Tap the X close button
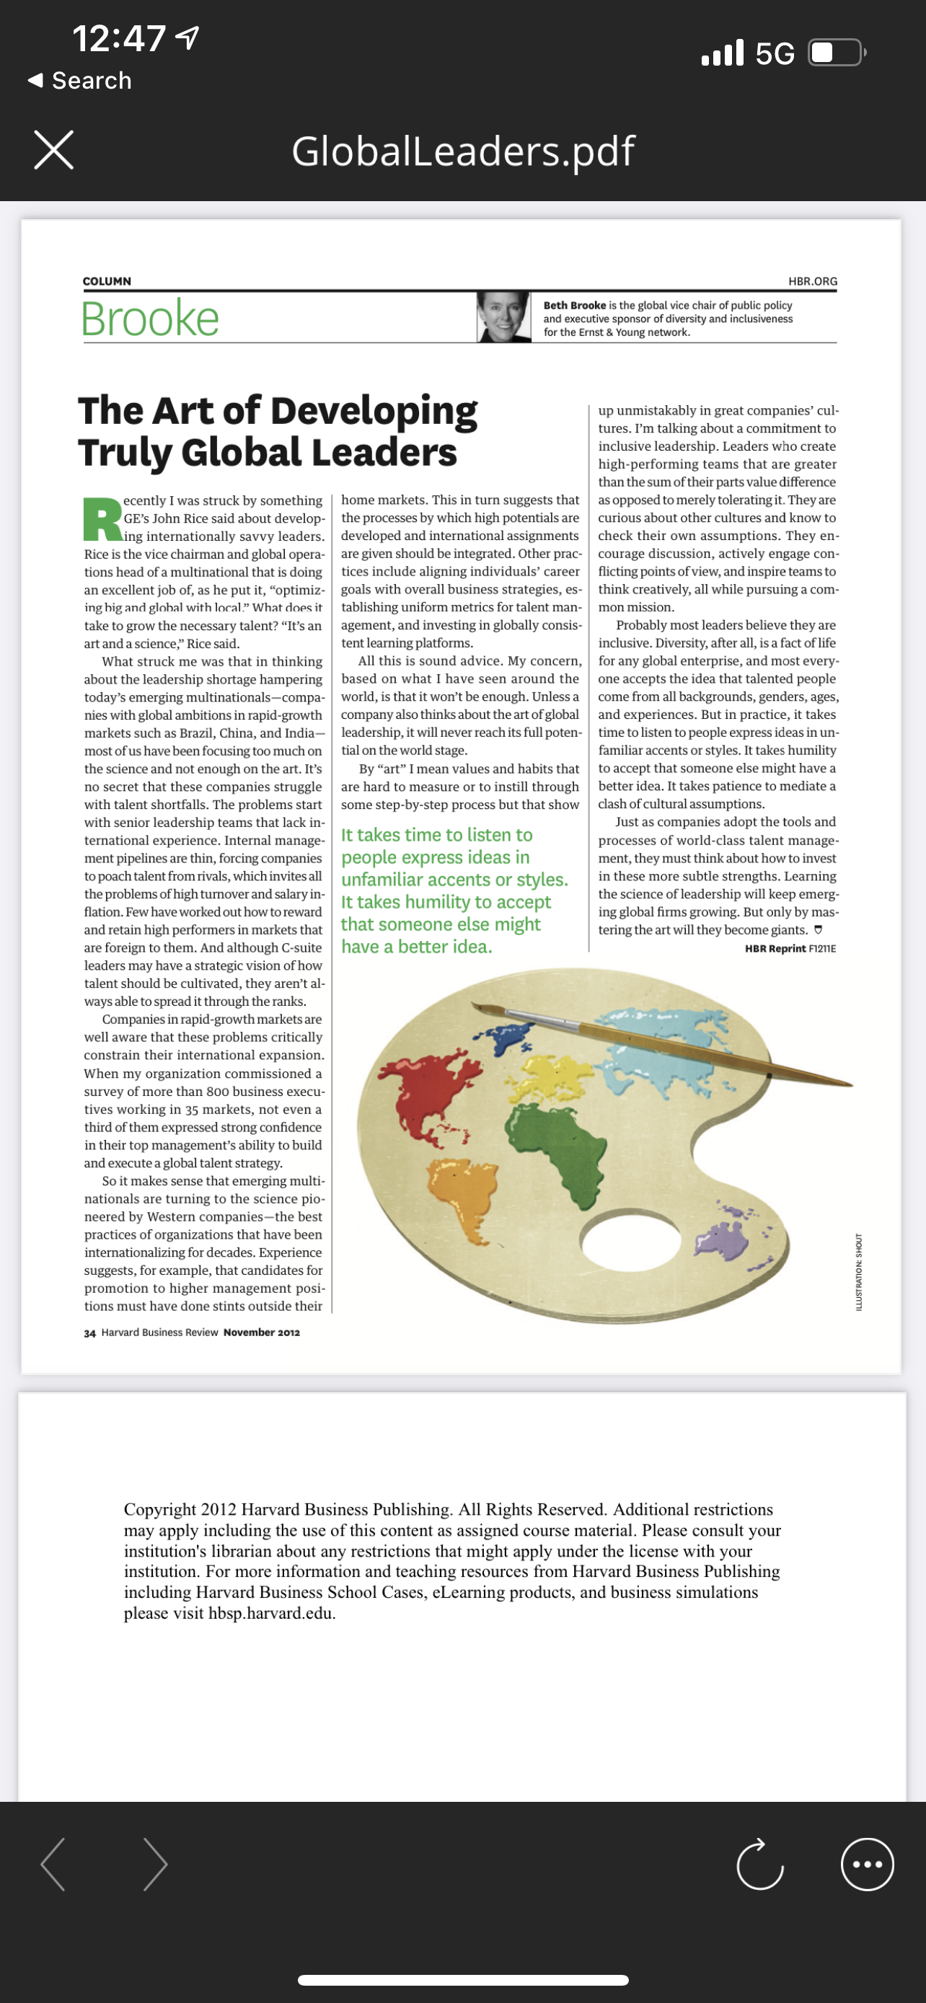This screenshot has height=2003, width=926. (53, 150)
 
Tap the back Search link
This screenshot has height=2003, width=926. (81, 80)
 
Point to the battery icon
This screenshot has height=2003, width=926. (837, 53)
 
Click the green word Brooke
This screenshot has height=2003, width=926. (150, 319)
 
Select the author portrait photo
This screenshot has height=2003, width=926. (503, 317)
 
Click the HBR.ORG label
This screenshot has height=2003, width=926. (813, 280)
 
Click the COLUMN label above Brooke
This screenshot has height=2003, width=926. (107, 280)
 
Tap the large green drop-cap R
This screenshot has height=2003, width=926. (102, 518)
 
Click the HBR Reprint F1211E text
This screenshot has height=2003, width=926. (790, 949)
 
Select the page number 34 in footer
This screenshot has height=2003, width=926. (89, 1332)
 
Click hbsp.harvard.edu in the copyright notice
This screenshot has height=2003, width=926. (271, 1614)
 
